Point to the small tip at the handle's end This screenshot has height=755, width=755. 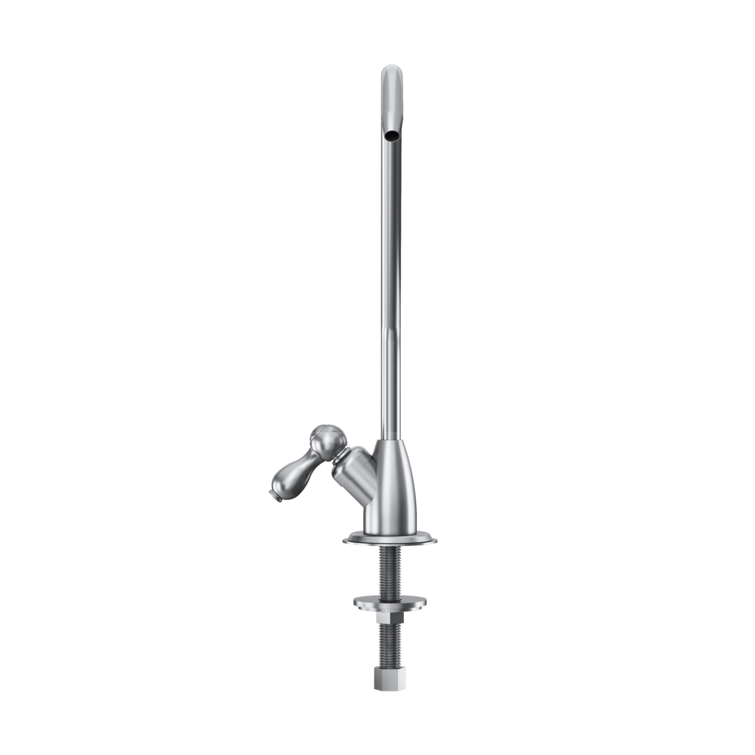point(272,495)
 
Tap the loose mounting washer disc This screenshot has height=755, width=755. point(390,602)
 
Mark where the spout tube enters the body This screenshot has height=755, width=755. point(390,438)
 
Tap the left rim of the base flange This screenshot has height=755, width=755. point(346,538)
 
